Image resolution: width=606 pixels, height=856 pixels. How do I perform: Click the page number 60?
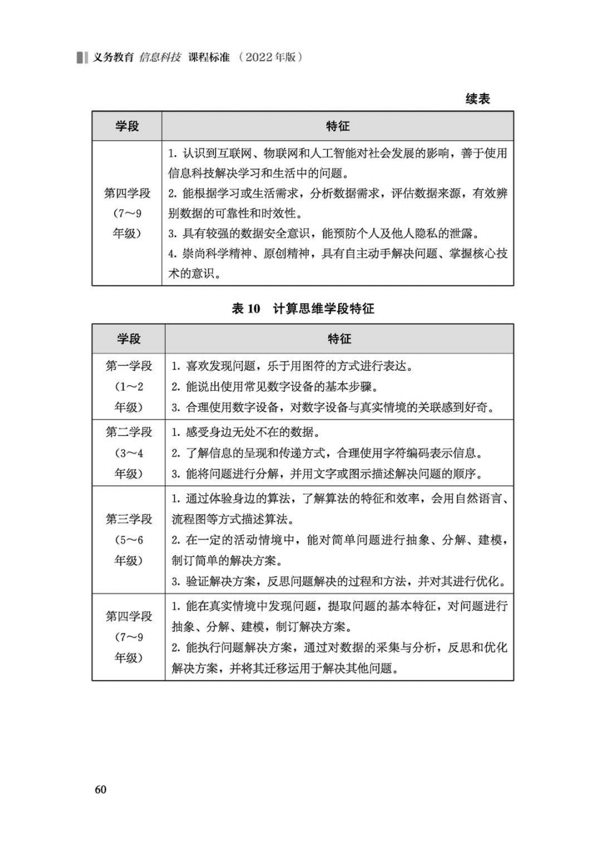tap(100, 790)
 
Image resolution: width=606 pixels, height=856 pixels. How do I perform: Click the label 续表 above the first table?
tap(477, 98)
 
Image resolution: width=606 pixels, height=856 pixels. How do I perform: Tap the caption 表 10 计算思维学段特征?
tap(303, 309)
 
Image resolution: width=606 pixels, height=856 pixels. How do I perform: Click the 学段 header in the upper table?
tap(127, 126)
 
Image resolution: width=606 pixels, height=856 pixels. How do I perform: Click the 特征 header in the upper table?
tap(338, 126)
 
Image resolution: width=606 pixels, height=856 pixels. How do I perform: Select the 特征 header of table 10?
tap(339, 339)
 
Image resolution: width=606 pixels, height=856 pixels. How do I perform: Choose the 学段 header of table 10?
tap(129, 339)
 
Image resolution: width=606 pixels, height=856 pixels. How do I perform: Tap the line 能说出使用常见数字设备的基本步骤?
tap(275, 386)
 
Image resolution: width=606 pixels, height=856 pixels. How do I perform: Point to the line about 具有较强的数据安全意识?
tap(324, 233)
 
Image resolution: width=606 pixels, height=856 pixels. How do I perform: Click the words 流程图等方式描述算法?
tap(233, 519)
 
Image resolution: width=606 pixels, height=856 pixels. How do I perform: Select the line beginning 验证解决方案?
tap(339, 581)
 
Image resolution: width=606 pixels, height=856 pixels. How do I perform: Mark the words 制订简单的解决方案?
tap(226, 561)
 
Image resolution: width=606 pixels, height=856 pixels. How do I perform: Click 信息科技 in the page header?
tap(160, 57)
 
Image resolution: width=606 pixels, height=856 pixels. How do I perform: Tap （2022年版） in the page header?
tap(270, 57)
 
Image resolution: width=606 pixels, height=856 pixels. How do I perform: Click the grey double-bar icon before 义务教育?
tap(82, 57)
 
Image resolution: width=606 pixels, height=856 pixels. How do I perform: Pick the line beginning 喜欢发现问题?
tap(292, 366)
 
